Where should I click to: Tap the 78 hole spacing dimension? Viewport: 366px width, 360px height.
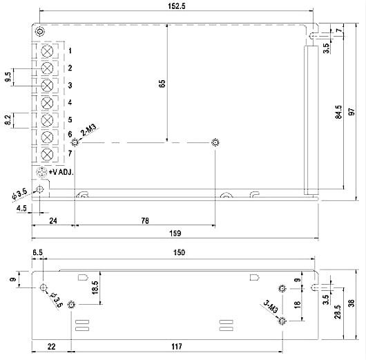tap(145, 221)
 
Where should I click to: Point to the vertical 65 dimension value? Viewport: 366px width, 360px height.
tap(162, 84)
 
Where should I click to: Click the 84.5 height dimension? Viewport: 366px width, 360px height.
tap(338, 112)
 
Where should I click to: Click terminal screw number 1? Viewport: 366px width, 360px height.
tap(48, 51)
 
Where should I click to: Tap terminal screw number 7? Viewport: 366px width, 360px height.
tap(48, 153)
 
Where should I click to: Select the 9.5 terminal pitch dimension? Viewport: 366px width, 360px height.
tap(8, 77)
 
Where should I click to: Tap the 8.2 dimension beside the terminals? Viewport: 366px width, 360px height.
tap(8, 121)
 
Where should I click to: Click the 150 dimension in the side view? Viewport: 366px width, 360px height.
tap(179, 254)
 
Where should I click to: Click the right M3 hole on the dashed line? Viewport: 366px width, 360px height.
tap(215, 143)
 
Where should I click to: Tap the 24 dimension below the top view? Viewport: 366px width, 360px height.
tap(52, 221)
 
